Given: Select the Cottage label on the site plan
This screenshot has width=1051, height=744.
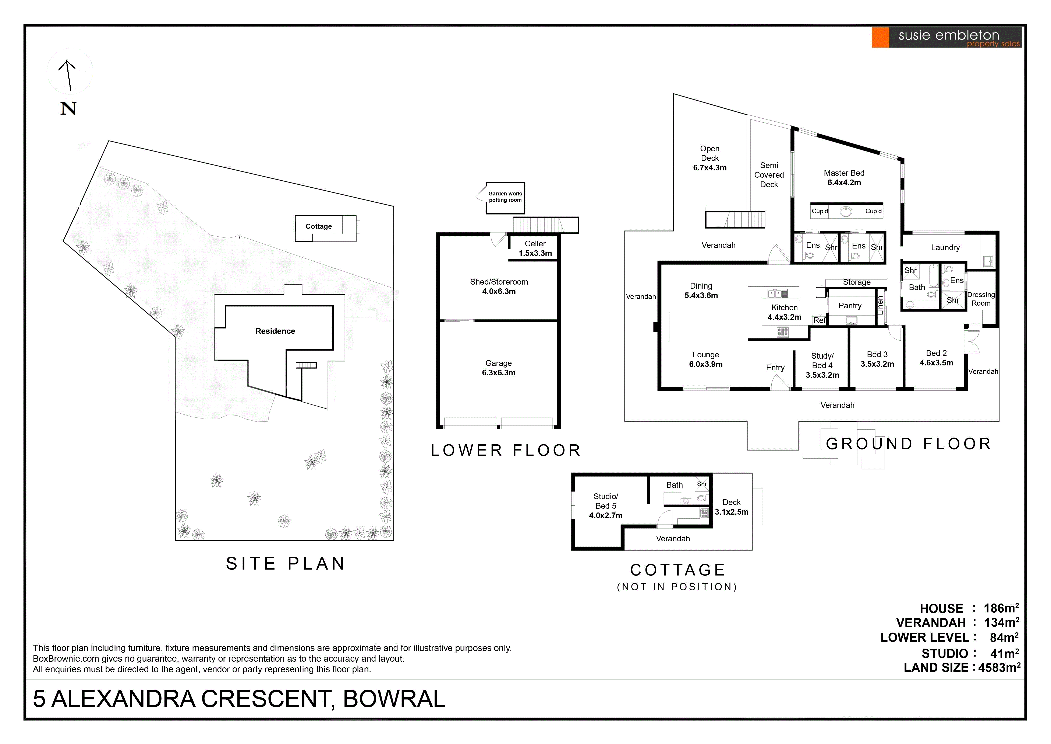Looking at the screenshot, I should pyautogui.click(x=319, y=226).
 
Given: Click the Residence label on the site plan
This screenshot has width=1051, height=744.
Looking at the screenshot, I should pyautogui.click(x=275, y=331).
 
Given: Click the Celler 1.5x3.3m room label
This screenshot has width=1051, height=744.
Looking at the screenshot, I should pyautogui.click(x=535, y=248).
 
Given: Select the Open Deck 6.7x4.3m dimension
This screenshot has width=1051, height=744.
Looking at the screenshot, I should pyautogui.click(x=709, y=168).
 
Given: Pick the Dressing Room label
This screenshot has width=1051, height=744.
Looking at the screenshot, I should pyautogui.click(x=981, y=299).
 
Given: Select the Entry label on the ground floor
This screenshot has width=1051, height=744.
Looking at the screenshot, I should pyautogui.click(x=775, y=367).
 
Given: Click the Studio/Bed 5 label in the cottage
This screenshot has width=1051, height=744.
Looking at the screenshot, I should pyautogui.click(x=606, y=501).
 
